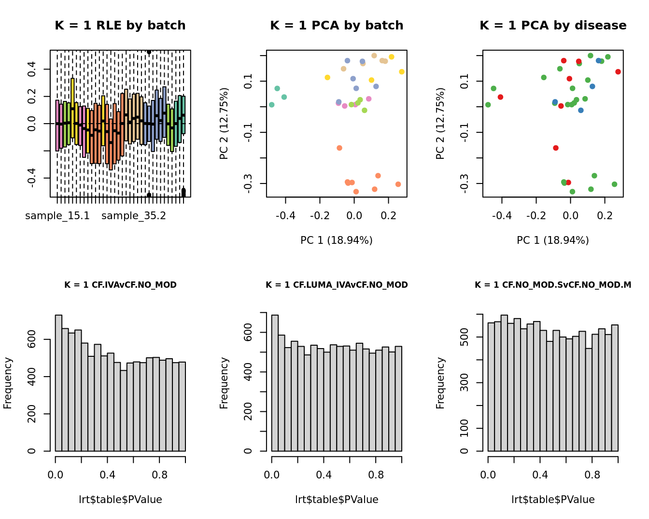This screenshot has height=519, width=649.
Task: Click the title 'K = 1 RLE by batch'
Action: click(120, 26)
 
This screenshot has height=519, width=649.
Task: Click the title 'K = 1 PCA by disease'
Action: click(553, 26)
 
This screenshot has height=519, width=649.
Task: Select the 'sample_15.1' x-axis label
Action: click(57, 216)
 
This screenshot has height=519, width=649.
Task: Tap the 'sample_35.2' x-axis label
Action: click(134, 216)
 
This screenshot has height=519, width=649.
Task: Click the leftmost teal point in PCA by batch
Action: click(272, 105)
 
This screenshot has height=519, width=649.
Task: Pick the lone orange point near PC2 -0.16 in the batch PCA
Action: click(339, 148)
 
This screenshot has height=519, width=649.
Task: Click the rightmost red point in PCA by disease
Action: click(618, 72)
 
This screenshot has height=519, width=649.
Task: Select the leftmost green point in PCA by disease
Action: click(488, 105)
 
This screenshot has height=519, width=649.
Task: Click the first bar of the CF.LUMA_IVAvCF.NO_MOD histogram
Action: click(275, 383)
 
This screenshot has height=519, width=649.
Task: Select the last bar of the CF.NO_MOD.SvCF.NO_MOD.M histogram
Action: click(615, 388)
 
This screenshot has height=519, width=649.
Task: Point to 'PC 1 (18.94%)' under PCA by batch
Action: click(337, 240)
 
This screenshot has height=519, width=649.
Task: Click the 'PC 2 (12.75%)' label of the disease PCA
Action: click(440, 124)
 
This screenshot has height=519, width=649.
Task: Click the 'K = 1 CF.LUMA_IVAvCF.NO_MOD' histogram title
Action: click(337, 285)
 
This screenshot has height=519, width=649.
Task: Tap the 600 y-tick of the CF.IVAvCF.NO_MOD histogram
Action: click(32, 340)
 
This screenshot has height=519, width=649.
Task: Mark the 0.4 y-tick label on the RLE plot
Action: click(32, 70)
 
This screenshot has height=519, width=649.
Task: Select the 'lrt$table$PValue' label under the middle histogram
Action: click(337, 500)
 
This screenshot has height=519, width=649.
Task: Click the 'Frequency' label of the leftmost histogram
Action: click(8, 383)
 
